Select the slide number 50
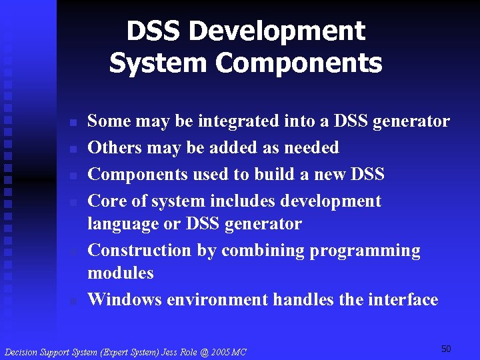tap(446, 349)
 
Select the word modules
tap(121, 273)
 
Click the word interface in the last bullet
tap(403, 300)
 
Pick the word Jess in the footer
tap(165, 351)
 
